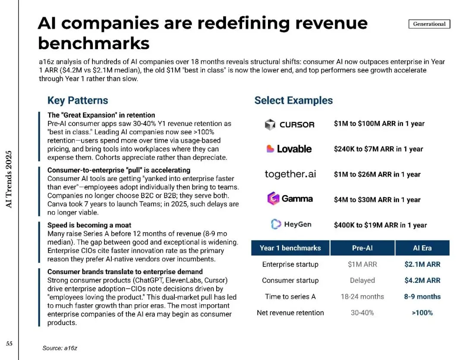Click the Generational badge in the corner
click(x=429, y=24)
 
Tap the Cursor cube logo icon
click(x=270, y=124)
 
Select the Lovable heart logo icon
click(x=271, y=149)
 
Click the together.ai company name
click(x=290, y=174)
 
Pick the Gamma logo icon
click(x=274, y=199)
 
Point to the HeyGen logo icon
click(x=276, y=224)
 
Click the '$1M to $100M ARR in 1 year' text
click(x=379, y=124)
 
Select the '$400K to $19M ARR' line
click(x=380, y=225)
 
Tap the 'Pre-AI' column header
click(x=362, y=248)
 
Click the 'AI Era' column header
click(x=422, y=248)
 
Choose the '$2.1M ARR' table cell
click(x=422, y=264)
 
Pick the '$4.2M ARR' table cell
click(x=422, y=280)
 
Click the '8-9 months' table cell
click(x=422, y=297)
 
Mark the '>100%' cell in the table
click(x=422, y=313)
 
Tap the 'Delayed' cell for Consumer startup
click(x=362, y=280)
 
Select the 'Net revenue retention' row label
click(x=290, y=313)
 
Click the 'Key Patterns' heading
click(x=78, y=101)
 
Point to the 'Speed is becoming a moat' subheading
click(x=89, y=225)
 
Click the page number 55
click(x=9, y=344)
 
